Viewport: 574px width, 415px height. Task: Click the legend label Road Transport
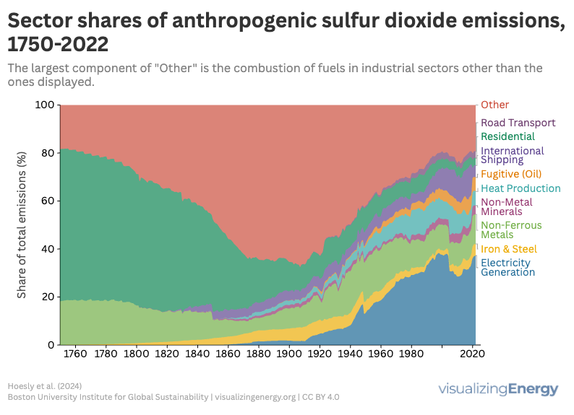pyautogui.click(x=518, y=123)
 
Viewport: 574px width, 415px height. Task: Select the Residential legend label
pyautogui.click(x=507, y=136)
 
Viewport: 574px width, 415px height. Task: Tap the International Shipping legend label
pyautogui.click(x=512, y=155)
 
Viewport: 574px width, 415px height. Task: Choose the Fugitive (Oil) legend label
pyautogui.click(x=510, y=174)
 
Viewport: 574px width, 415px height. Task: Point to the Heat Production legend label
pyautogui.click(x=521, y=188)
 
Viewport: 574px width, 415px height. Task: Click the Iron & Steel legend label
pyautogui.click(x=509, y=249)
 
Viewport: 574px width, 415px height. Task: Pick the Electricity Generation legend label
pyautogui.click(x=507, y=267)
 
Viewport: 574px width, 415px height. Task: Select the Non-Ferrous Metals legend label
pyautogui.click(x=510, y=230)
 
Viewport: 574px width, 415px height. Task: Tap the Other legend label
pyautogui.click(x=494, y=105)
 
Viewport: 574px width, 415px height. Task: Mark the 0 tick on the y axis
pyautogui.click(x=51, y=345)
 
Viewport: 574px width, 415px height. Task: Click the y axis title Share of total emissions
pyautogui.click(x=22, y=224)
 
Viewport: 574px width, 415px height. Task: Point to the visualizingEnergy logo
pyautogui.click(x=498, y=390)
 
